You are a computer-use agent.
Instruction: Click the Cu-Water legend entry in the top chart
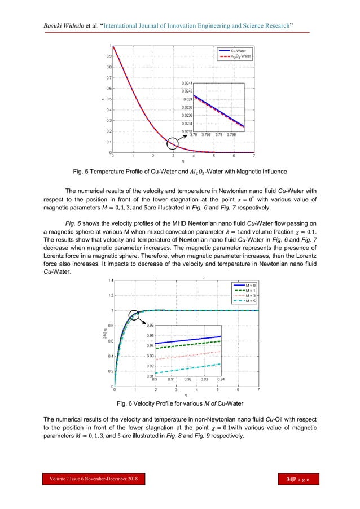238,51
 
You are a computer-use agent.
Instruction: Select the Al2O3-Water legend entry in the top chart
238,56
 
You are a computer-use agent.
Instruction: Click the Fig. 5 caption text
180,171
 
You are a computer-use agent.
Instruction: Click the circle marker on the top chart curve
174,143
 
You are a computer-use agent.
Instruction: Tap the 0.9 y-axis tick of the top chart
108,56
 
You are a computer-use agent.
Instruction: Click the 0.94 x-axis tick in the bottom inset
221,380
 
